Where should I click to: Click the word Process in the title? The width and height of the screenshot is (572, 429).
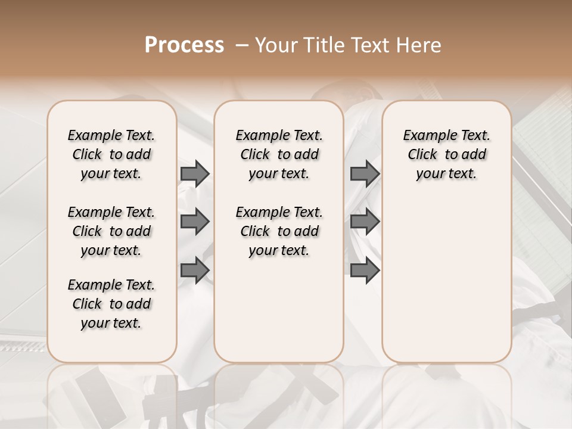point(184,45)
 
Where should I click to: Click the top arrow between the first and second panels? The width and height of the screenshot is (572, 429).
point(195,173)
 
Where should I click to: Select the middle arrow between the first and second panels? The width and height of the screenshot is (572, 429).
point(195,222)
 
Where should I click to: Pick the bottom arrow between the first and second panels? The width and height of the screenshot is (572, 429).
point(195,271)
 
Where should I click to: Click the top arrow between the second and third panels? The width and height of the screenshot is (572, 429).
point(365,173)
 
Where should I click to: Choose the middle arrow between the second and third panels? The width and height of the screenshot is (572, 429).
point(365,222)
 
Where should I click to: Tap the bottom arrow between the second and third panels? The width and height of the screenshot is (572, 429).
point(365,271)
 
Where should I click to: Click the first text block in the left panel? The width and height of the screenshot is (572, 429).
point(111,154)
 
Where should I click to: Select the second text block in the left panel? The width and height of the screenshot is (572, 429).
point(111,231)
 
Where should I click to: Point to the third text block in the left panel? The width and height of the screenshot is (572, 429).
point(111,304)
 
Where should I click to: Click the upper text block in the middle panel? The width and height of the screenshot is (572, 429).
point(279,154)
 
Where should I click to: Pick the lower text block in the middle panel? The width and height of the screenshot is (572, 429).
point(279,231)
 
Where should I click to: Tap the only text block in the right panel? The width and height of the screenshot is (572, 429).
point(446,154)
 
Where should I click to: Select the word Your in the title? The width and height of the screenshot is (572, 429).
point(273,45)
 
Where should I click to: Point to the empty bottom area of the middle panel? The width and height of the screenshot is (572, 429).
point(279,316)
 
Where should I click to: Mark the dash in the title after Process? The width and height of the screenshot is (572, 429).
point(242,45)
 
